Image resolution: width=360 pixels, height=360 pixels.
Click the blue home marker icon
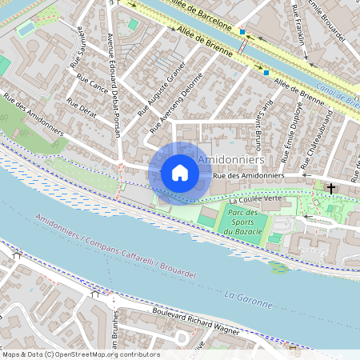click(180, 173)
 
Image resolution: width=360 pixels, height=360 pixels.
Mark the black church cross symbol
click(331, 188)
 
